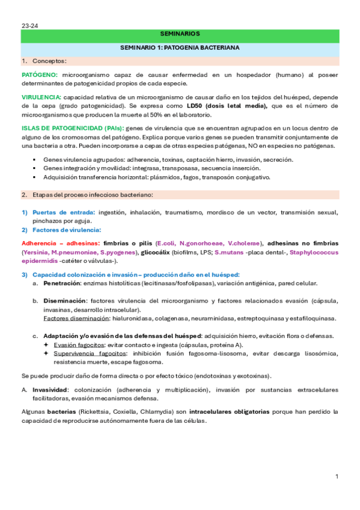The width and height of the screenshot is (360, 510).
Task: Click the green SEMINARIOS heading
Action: (181, 35)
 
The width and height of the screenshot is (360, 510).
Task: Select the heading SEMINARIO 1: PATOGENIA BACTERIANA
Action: (180, 46)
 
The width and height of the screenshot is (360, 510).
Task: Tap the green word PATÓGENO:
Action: (40, 75)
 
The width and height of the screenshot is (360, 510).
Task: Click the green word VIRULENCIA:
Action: (41, 97)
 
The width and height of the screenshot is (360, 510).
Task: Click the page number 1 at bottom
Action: (337, 477)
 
